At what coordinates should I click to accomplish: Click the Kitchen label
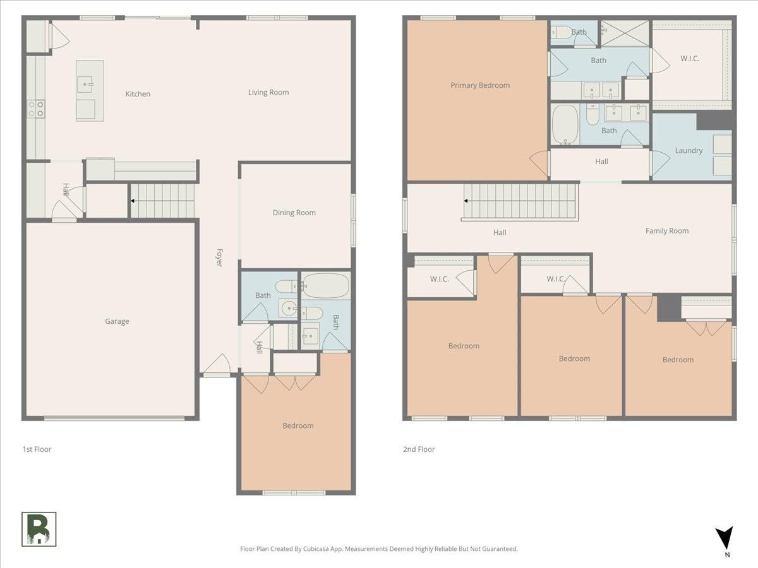point(138,94)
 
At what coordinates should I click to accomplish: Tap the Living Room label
point(268,92)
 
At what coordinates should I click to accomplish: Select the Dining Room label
point(294,213)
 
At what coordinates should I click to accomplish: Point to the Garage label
point(117,321)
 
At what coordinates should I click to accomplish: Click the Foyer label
point(220,257)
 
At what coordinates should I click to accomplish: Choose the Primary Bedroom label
point(480,85)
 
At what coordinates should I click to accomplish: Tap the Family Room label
point(667,231)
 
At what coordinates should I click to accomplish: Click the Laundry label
point(689,151)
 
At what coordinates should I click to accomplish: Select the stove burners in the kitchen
point(36,109)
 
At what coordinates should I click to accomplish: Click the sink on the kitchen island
point(85,85)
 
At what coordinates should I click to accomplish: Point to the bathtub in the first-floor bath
point(326,285)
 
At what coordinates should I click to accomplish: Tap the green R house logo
point(39,530)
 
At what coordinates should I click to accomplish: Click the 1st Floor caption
point(37,449)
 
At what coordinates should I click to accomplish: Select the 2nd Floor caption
point(419,449)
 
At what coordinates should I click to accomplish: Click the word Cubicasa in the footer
point(316,549)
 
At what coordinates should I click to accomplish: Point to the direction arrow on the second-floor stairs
point(466,201)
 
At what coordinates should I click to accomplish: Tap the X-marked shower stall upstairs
point(625,33)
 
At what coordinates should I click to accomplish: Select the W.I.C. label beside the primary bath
point(690,59)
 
